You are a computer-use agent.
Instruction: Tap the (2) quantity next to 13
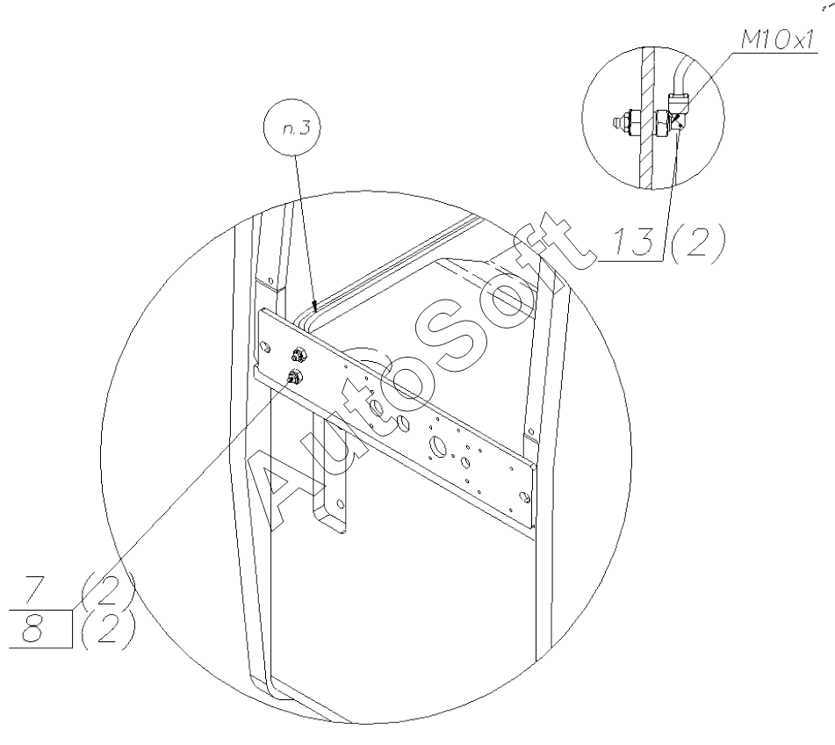click(697, 243)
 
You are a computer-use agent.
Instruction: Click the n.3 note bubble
click(292, 128)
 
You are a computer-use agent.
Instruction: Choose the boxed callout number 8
click(33, 630)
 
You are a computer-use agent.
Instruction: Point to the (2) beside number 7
click(106, 589)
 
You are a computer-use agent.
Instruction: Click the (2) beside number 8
click(106, 630)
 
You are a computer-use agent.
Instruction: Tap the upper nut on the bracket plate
click(299, 354)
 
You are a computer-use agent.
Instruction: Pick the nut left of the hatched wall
click(632, 123)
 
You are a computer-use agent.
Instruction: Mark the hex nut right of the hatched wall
click(662, 124)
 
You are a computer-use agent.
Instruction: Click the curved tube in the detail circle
click(680, 78)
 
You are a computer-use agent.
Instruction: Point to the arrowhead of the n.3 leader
click(315, 307)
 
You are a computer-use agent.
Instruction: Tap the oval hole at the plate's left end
click(265, 350)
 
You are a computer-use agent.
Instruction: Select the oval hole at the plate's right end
click(524, 498)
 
